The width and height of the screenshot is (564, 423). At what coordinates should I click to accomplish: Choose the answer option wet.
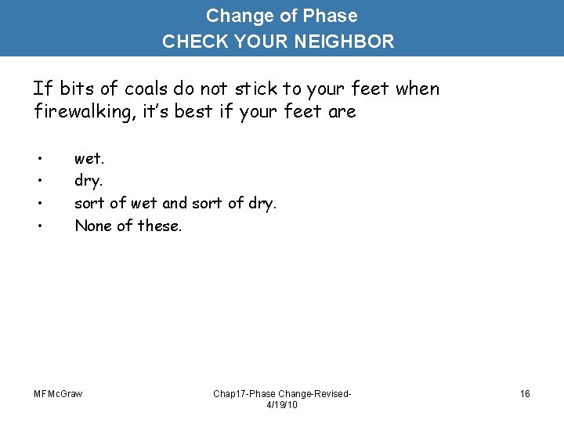[89, 159]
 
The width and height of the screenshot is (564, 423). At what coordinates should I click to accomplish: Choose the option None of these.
[128, 226]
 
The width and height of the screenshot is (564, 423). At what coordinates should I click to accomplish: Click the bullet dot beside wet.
[38, 159]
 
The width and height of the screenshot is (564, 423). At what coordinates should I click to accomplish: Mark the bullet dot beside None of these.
[38, 226]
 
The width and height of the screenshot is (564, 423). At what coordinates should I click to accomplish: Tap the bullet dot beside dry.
[38, 182]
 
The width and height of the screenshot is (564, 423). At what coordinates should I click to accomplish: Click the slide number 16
[525, 393]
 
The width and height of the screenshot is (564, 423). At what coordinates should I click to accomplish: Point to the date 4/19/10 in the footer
[283, 405]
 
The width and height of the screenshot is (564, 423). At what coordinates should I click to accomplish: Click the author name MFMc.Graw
[58, 393]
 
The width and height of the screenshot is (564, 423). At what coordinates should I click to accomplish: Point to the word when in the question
[418, 89]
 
